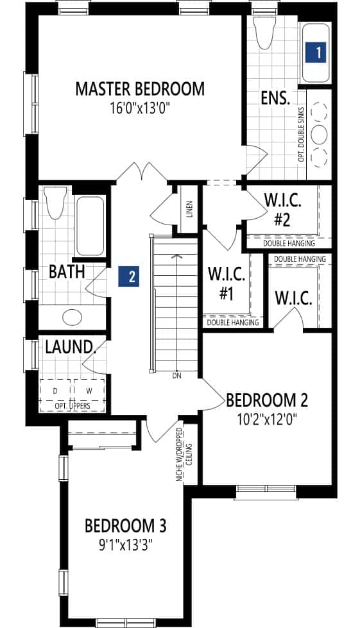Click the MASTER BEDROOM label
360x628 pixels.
(x=140, y=89)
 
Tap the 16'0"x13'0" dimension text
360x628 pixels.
(x=140, y=108)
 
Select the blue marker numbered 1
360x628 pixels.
(x=316, y=53)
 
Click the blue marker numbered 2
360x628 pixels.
(x=129, y=276)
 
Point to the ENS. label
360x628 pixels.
(x=275, y=98)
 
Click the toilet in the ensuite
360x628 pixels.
(x=264, y=35)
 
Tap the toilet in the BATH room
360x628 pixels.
(x=54, y=203)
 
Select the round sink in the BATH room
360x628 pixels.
(x=73, y=318)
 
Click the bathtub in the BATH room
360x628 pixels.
(x=90, y=226)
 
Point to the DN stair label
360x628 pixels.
(x=176, y=376)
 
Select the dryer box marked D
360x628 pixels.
(x=55, y=391)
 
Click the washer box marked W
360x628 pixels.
(x=89, y=391)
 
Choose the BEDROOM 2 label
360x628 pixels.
(x=267, y=400)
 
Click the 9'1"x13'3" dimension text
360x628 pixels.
(x=125, y=545)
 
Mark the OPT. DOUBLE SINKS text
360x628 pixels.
(x=301, y=135)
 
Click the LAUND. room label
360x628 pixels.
(x=70, y=348)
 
